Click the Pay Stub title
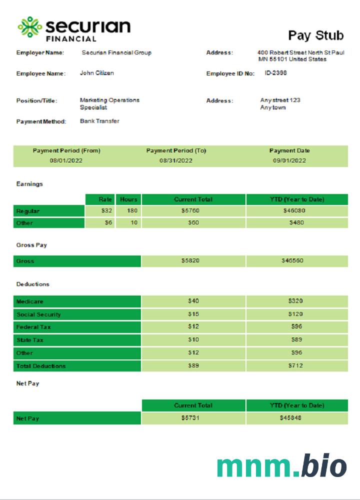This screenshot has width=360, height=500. click(316, 35)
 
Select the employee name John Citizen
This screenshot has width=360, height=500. click(97, 73)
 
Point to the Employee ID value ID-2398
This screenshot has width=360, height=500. click(276, 73)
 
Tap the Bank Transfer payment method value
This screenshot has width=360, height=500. click(99, 121)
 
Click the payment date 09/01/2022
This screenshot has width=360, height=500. click(289, 160)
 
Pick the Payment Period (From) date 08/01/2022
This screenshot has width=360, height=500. click(66, 160)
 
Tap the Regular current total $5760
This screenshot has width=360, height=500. click(193, 211)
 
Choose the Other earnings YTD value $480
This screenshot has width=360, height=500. click(296, 223)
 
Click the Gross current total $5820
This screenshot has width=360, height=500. click(193, 261)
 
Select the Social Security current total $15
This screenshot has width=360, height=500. click(193, 314)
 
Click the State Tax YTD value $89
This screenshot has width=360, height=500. click(296, 340)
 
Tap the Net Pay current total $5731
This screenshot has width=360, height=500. click(193, 418)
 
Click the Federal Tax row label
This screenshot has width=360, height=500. click(33, 327)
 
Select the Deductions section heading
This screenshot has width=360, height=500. click(32, 284)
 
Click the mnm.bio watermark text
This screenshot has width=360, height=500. click(281, 466)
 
